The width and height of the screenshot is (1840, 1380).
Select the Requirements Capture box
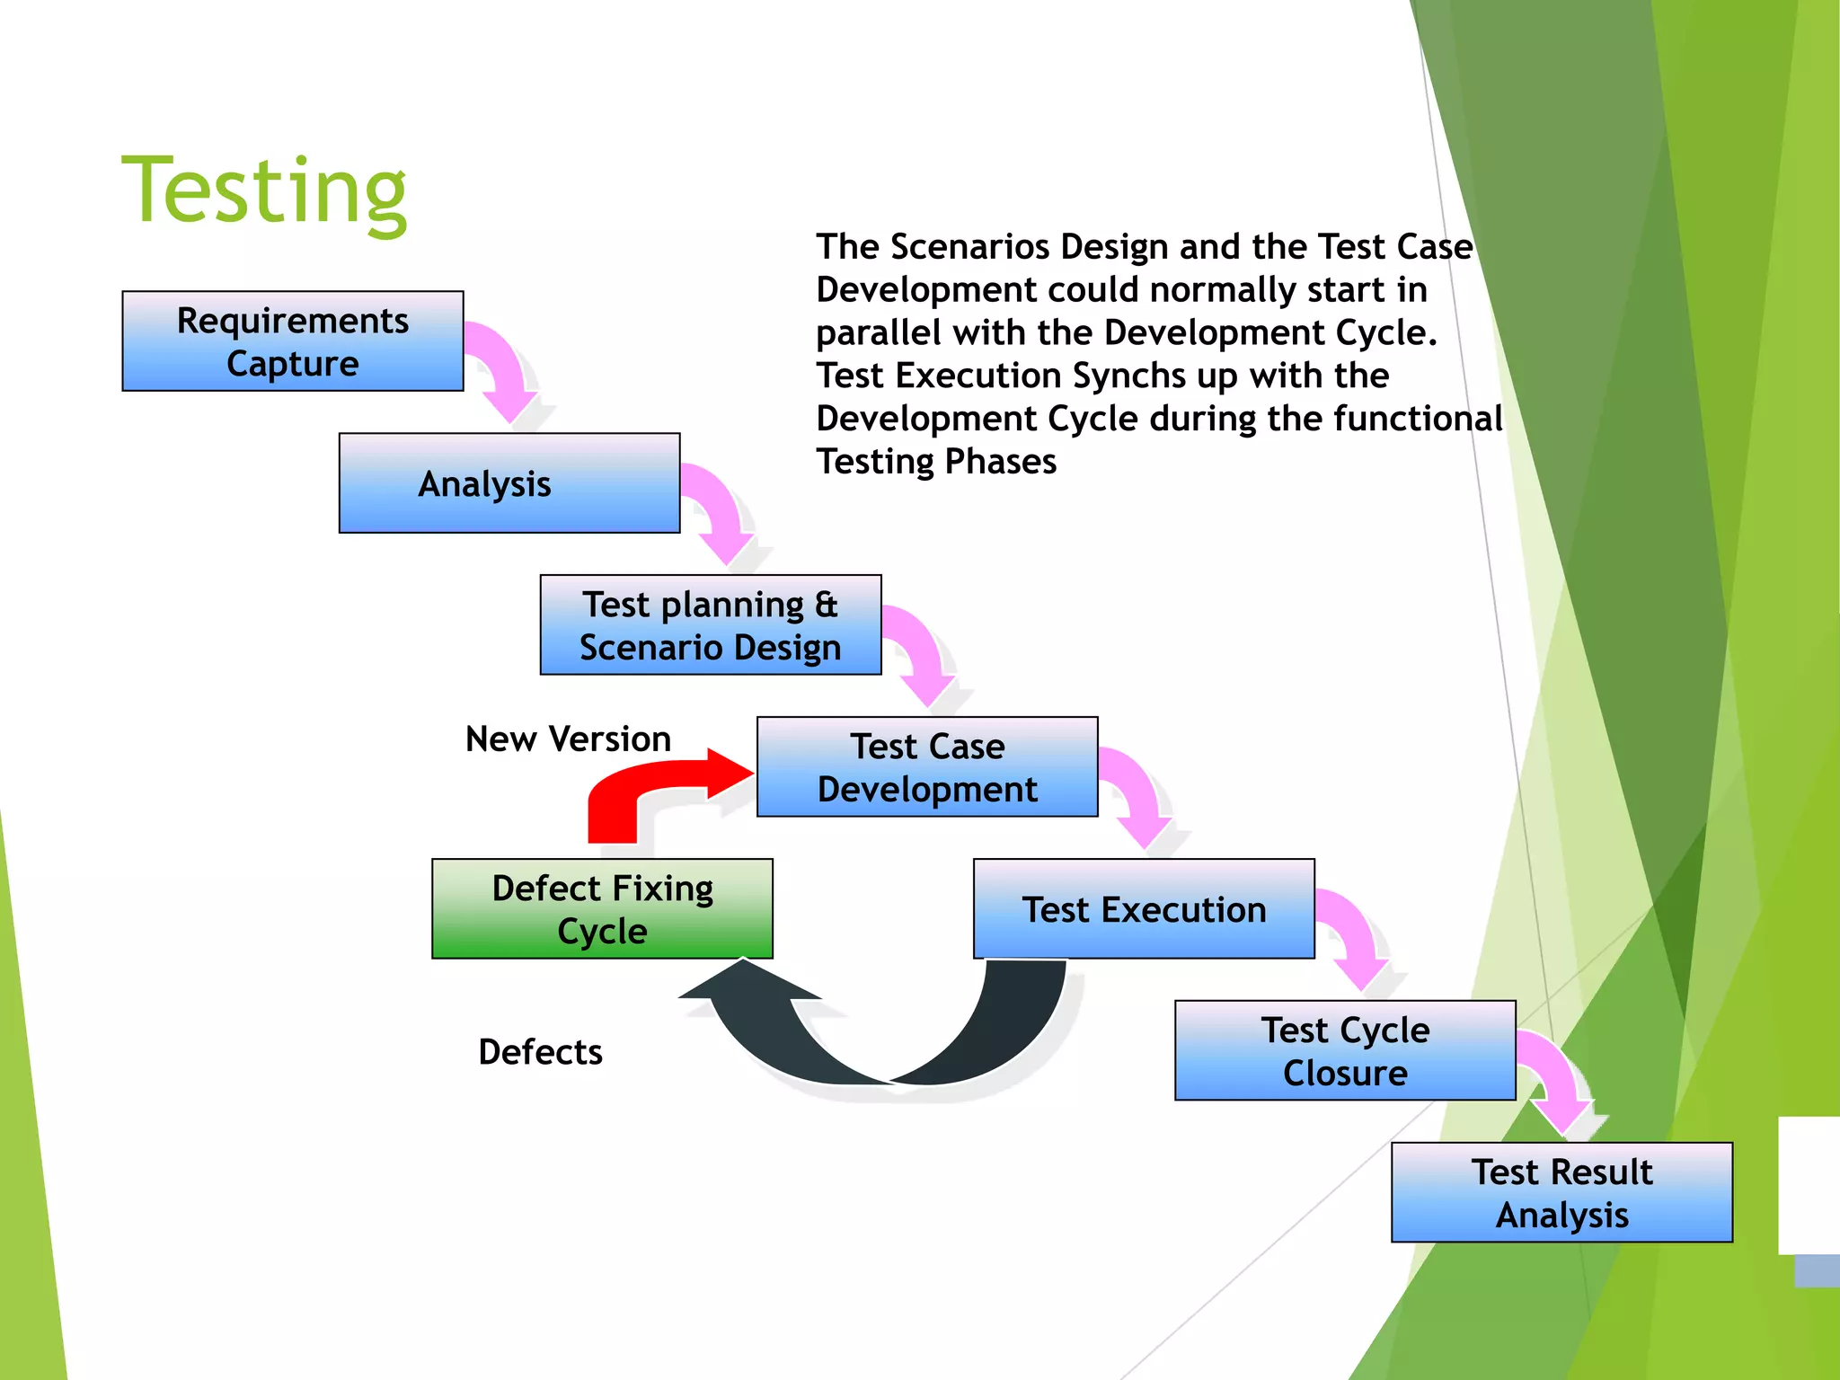pyautogui.click(x=293, y=341)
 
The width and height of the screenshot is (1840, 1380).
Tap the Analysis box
pyautogui.click(x=509, y=483)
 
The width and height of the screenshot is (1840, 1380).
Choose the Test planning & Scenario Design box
pyautogui.click(x=710, y=625)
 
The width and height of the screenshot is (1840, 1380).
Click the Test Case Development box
pyautogui.click(x=927, y=767)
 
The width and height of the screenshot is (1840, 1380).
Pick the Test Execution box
pyautogui.click(x=1144, y=909)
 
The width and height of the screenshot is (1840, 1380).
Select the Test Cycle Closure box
pyautogui.click(x=1345, y=1051)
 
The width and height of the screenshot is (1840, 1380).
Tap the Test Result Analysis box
pyautogui.click(x=1561, y=1193)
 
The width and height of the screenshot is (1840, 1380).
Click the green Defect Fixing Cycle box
pyautogui.click(x=602, y=909)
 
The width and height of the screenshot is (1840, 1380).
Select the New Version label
pyautogui.click(x=568, y=739)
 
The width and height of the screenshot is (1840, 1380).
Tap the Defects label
pyautogui.click(x=540, y=1052)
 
